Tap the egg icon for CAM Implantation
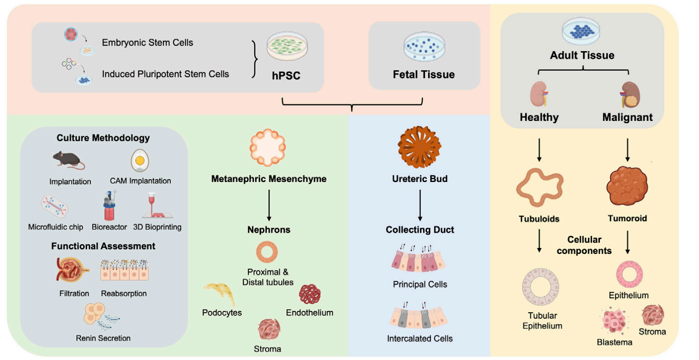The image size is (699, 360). coord(140,160)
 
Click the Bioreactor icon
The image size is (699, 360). coord(109,206)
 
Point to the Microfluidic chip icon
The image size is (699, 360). coord(55,207)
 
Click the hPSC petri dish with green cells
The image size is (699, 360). coord(287,47)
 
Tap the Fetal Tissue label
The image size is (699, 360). coord(424,75)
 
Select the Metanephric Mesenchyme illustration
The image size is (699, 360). coord(268,148)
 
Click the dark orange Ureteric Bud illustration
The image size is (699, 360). coord(420,147)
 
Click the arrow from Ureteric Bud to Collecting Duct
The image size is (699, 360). coord(420,204)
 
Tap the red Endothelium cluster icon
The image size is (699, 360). coord(310,294)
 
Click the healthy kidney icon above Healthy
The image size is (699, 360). coord(539,94)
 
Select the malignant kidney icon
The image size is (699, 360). coord(629,95)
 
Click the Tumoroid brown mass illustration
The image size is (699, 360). coord(627,186)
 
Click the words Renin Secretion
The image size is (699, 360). coord(103,338)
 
